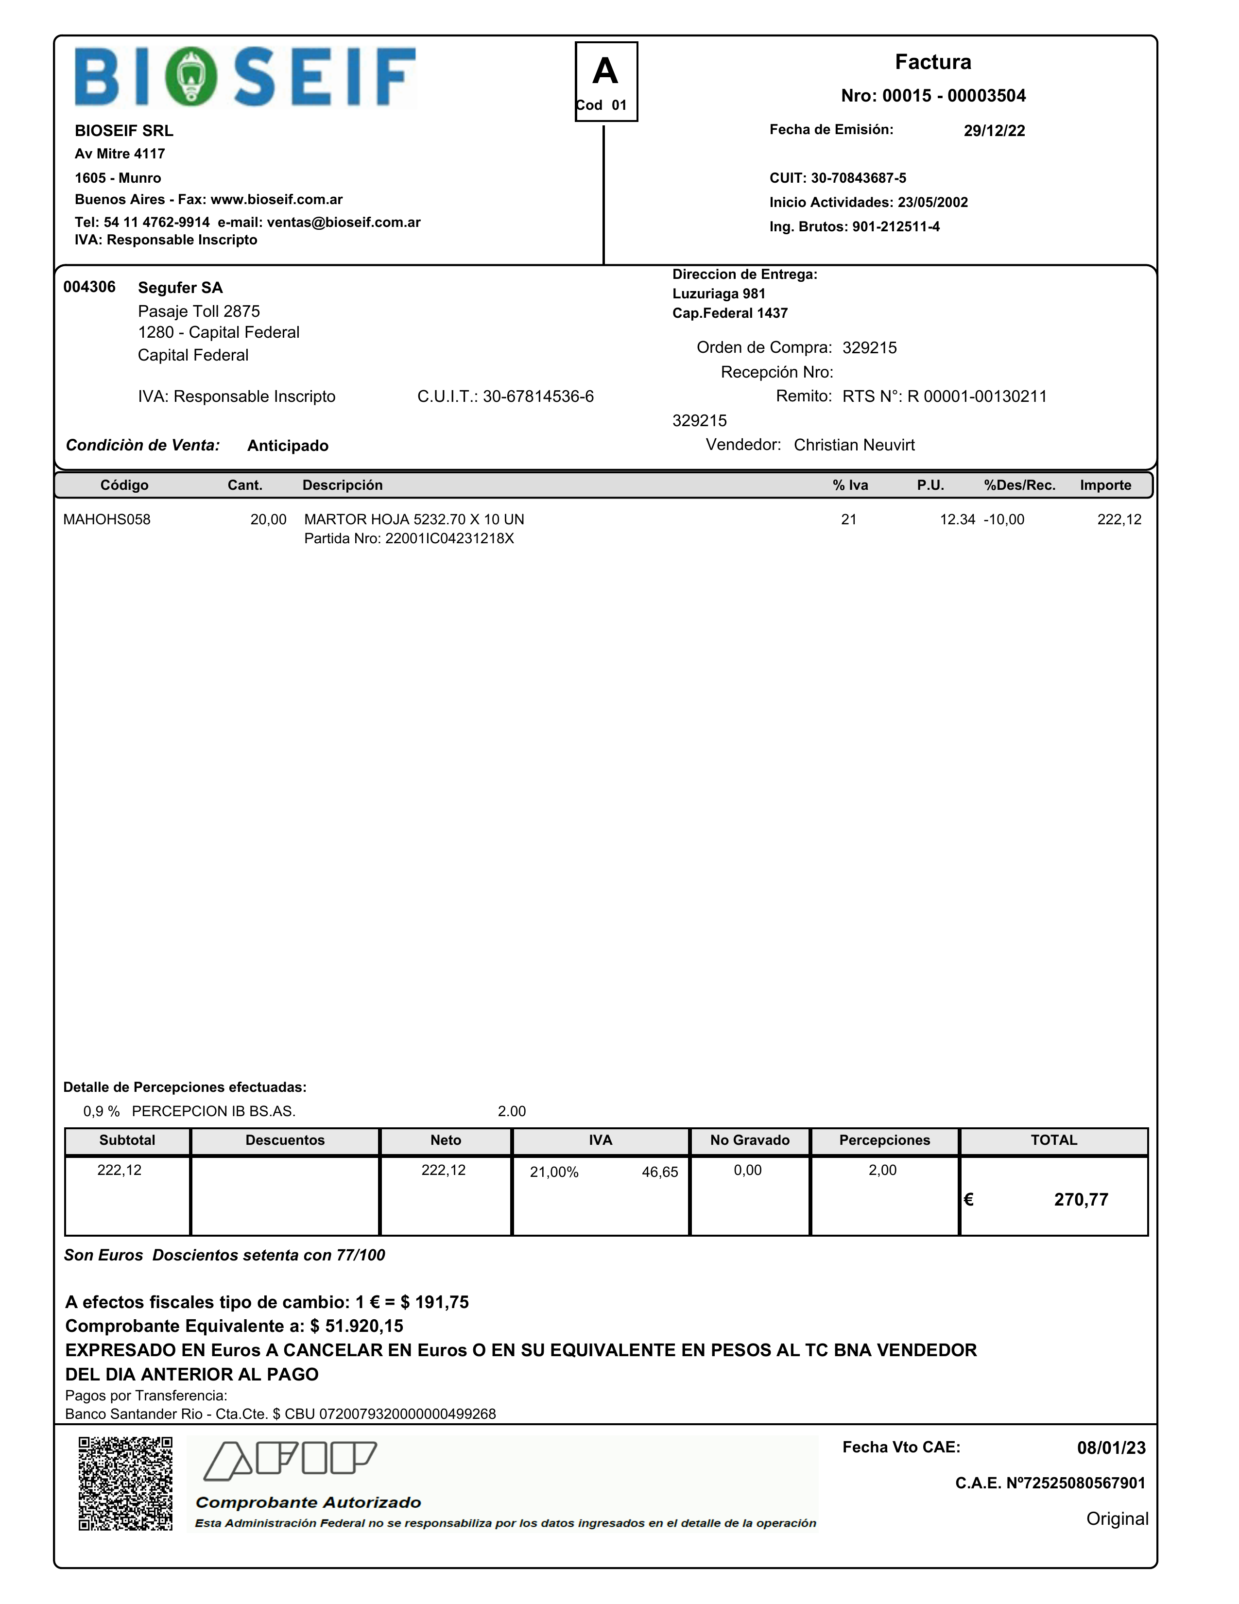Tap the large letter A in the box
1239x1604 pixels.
[605, 71]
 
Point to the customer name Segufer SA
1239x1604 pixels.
[180, 288]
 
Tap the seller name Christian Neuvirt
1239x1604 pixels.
[854, 445]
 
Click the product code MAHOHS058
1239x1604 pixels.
[106, 520]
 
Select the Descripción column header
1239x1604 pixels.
[342, 485]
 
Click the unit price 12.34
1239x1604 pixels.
[958, 520]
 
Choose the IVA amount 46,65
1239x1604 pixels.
[659, 1172]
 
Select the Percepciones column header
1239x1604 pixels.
[884, 1140]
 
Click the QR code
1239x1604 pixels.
[125, 1483]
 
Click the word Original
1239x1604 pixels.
[1117, 1519]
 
